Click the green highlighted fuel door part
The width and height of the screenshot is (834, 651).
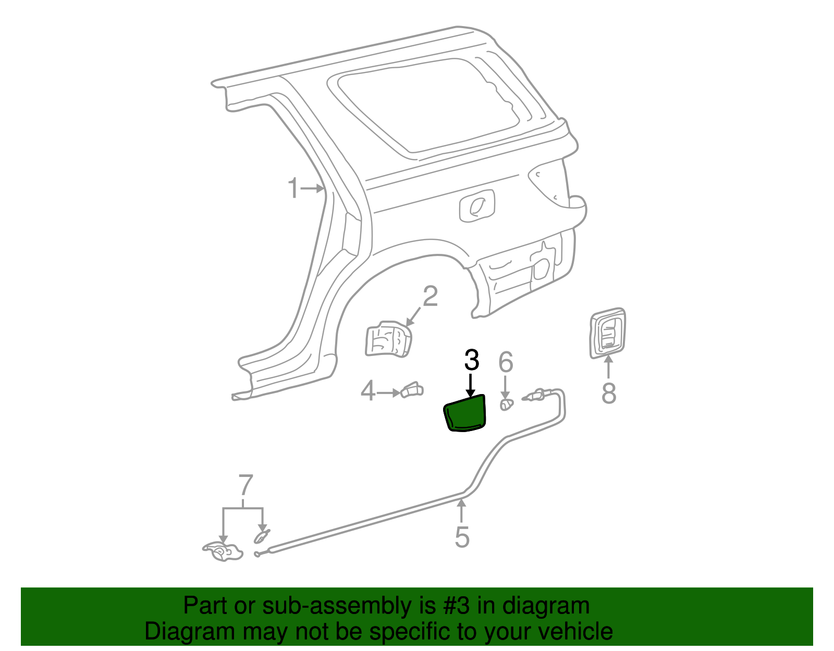(465, 413)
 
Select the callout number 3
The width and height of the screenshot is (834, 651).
(471, 360)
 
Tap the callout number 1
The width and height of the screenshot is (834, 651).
(294, 188)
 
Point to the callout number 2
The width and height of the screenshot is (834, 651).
(430, 297)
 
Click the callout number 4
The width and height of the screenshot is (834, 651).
(368, 391)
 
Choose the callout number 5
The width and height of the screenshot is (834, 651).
(462, 537)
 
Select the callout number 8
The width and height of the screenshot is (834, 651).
(609, 394)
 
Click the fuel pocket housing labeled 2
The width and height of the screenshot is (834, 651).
(388, 339)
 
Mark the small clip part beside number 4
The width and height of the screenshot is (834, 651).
(412, 390)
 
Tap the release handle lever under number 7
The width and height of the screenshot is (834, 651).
(223, 551)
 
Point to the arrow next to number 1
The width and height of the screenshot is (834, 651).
(313, 189)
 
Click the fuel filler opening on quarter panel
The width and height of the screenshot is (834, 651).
(477, 206)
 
